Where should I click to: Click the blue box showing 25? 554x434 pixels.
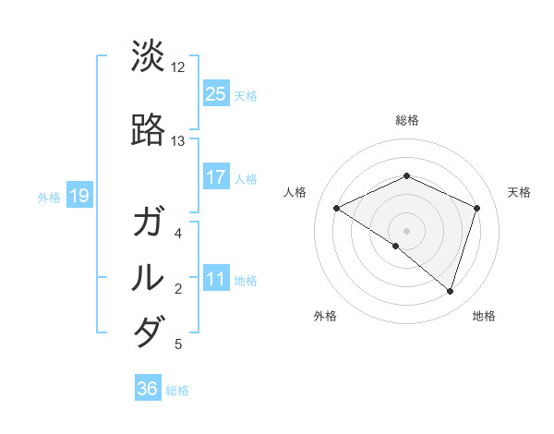215,94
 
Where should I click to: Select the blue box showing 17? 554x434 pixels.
215,177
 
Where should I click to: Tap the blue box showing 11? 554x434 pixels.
215,280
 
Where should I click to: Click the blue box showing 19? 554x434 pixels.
78,195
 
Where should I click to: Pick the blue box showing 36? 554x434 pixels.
147,389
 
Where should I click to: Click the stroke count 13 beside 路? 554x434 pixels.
177,141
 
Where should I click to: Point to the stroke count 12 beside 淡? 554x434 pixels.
177,67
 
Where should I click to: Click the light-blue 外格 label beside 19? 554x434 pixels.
49,197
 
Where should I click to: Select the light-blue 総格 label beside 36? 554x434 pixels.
177,391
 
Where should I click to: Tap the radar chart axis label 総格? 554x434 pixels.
406,120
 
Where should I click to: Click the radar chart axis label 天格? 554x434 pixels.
519,192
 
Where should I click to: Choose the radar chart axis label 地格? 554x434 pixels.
484,316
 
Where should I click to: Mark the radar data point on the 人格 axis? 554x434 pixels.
337,208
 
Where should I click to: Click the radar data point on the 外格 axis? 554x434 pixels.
395,247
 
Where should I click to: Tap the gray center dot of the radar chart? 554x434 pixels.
406,230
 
